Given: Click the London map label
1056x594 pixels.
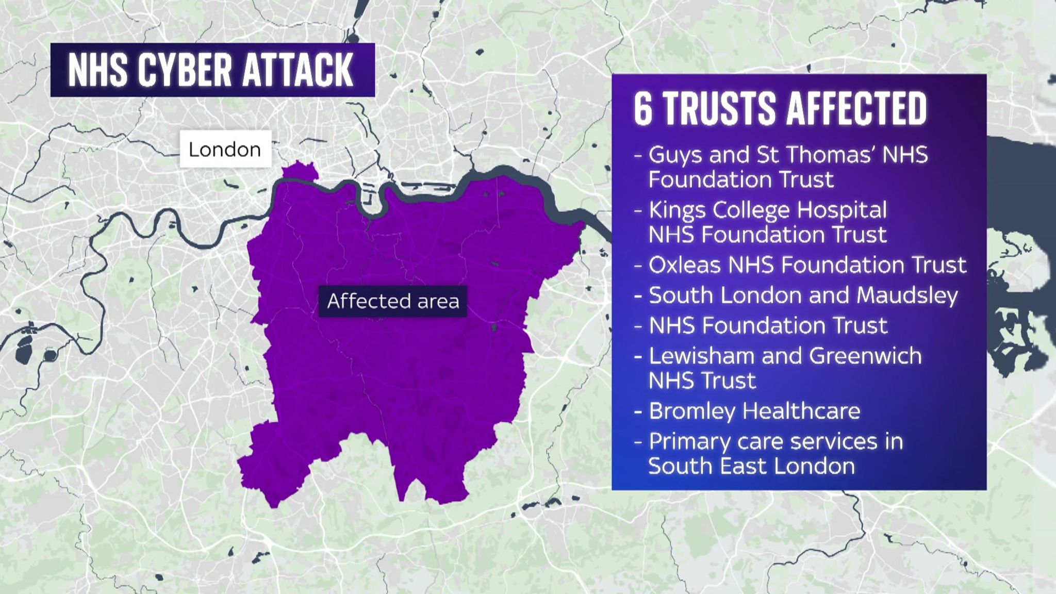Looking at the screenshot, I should [225, 150].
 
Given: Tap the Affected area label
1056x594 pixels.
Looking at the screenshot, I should [393, 301].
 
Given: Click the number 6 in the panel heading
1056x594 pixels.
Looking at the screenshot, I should [643, 109].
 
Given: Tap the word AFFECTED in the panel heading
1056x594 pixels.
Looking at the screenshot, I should [856, 109].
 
